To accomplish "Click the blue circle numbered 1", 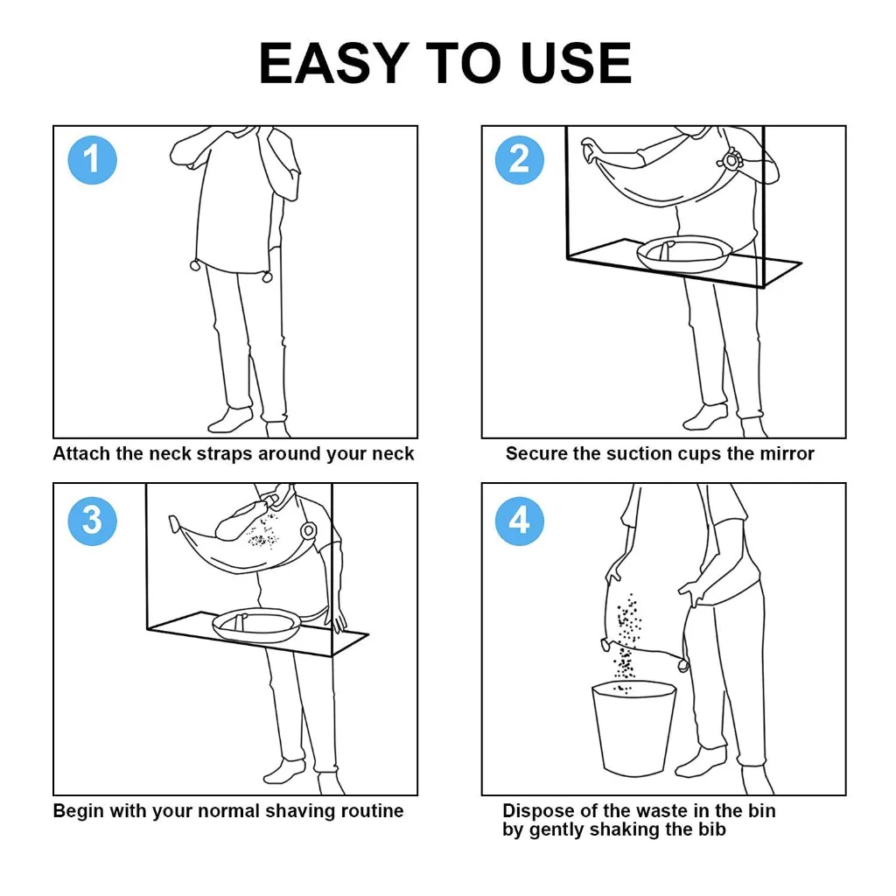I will [92, 160].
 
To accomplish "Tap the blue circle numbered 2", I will [520, 160].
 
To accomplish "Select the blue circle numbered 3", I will [92, 521].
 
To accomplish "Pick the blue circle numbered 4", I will [520, 521].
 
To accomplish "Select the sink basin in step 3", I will [256, 623].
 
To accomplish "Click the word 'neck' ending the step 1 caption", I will [393, 454].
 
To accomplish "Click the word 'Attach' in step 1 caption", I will [80, 454].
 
